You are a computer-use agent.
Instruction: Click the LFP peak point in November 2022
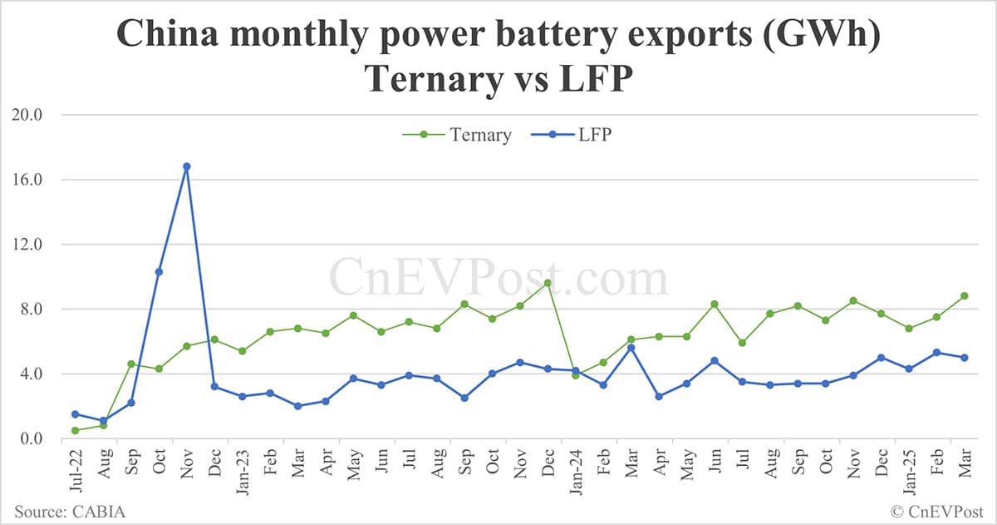coord(186,166)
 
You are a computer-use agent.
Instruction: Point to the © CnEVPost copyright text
coord(936,510)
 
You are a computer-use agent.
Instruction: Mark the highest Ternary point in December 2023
coord(548,283)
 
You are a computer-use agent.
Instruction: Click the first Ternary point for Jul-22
coord(75,430)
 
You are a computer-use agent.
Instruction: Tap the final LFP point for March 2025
coord(964,358)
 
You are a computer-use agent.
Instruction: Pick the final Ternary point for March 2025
coord(964,295)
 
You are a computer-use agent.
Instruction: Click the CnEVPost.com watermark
coord(498,277)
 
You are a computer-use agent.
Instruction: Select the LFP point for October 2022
coord(159,272)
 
